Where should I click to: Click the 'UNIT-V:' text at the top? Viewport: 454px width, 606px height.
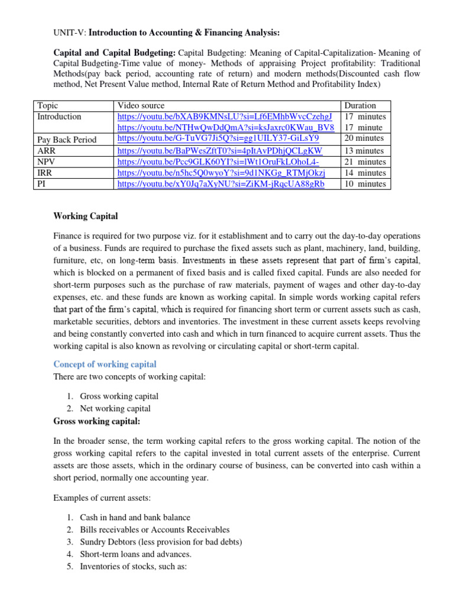[70, 32]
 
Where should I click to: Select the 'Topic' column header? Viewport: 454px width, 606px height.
[48, 105]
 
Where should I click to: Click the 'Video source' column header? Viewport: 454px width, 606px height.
[141, 105]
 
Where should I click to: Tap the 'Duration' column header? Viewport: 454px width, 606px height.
[359, 105]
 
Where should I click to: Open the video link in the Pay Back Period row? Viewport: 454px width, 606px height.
[218, 138]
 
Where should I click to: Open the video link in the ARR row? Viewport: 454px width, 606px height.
[220, 150]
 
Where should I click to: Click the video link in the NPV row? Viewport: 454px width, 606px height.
[218, 162]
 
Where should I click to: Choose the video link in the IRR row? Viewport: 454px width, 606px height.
[221, 173]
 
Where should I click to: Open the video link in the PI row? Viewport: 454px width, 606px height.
[221, 184]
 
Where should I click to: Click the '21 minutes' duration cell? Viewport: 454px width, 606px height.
[364, 162]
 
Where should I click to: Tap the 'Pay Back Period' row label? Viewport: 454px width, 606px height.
[67, 140]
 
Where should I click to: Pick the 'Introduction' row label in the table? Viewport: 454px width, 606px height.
[59, 117]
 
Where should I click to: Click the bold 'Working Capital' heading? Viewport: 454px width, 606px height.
[86, 216]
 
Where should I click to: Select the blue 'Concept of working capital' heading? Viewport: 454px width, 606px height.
[105, 364]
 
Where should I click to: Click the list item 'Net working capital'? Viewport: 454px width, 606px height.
[115, 408]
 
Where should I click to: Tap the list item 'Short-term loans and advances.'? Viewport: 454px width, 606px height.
[135, 555]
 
